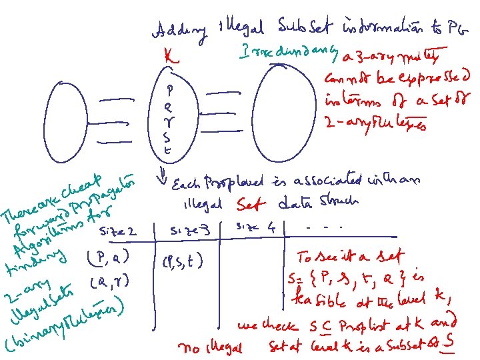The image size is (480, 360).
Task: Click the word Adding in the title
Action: pos(174,30)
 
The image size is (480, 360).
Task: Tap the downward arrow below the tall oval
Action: pos(162,178)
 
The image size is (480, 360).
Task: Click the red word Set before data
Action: pos(251,202)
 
